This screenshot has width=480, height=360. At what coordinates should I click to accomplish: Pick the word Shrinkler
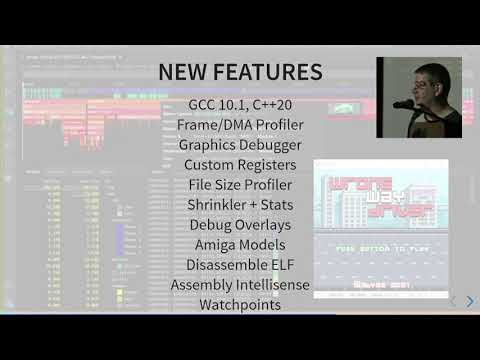point(222,205)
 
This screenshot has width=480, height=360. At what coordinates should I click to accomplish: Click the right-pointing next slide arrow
point(470,300)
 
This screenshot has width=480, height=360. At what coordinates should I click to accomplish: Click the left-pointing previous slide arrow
point(453,300)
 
